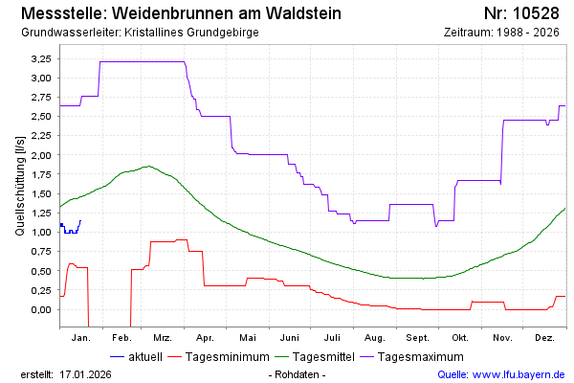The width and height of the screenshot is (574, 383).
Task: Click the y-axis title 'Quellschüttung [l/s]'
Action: pos(21,184)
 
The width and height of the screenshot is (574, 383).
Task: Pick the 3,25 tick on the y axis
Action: pos(41,58)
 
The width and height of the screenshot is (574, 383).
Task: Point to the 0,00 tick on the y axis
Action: pos(41,309)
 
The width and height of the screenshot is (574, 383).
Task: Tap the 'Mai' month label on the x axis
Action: pos(248,338)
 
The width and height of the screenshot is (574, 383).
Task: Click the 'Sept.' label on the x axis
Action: pos(417,338)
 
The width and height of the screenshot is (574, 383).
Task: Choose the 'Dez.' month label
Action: pos(545,338)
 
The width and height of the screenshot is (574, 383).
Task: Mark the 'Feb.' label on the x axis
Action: pos(121,338)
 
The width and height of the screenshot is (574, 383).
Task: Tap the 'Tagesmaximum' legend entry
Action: pos(421,356)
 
